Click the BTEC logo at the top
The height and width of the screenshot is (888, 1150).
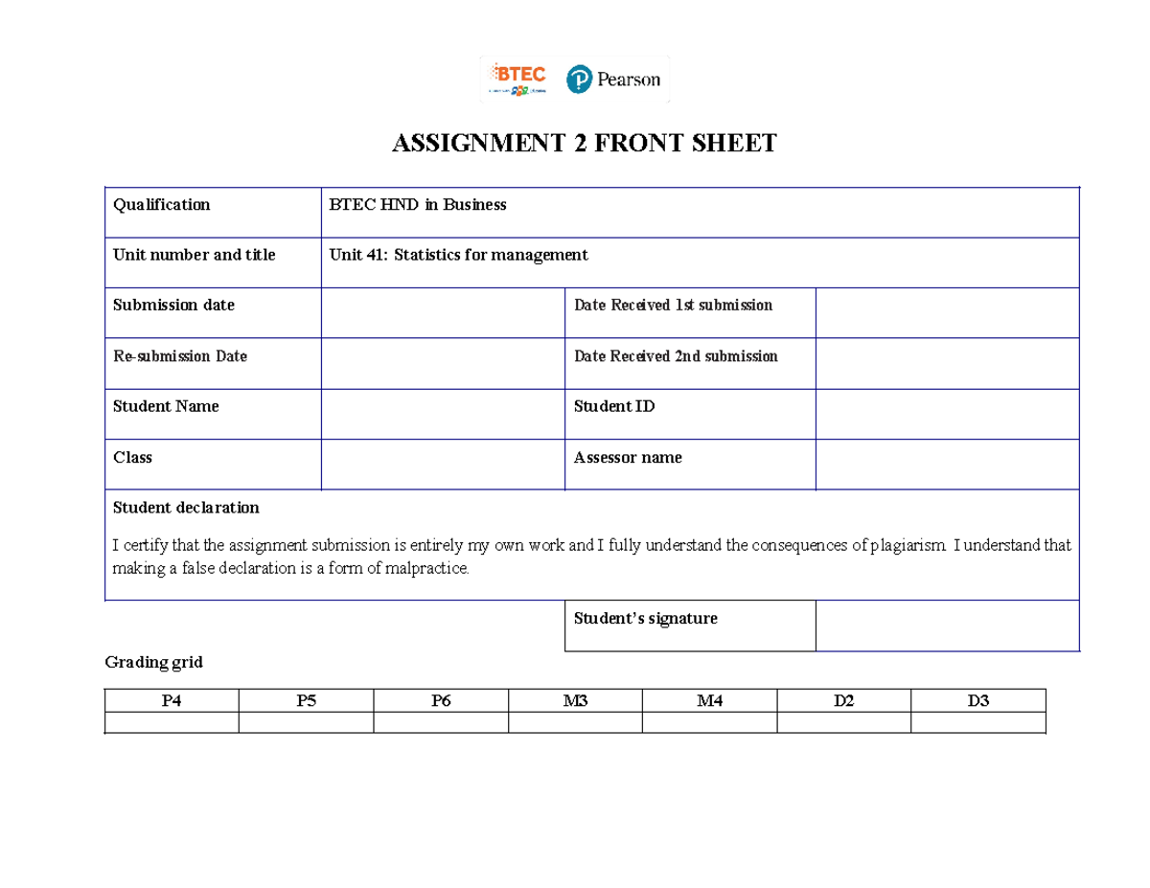tap(517, 80)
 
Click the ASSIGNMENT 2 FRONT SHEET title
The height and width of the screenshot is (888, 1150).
tap(585, 145)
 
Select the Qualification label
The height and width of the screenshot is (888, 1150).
tap(161, 204)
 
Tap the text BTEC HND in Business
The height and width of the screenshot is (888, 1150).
tap(418, 204)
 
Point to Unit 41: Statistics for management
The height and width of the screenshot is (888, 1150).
tap(458, 255)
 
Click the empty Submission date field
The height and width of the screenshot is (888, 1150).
tap(443, 312)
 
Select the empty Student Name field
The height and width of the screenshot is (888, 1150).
tap(443, 414)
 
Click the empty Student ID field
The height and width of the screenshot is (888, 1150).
tap(947, 414)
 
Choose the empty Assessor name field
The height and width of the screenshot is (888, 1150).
tap(947, 465)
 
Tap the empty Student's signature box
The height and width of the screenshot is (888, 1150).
tap(947, 626)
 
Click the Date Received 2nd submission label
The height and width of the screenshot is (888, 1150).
tap(676, 356)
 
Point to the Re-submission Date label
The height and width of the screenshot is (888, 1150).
tap(180, 356)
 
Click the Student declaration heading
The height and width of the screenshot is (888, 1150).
tap(186, 507)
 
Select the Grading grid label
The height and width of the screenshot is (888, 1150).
tap(153, 662)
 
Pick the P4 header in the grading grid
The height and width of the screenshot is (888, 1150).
tap(172, 701)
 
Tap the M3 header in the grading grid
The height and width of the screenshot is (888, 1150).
tap(575, 701)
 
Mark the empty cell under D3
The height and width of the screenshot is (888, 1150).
tap(977, 722)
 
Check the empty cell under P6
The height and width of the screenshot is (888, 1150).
tap(440, 722)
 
